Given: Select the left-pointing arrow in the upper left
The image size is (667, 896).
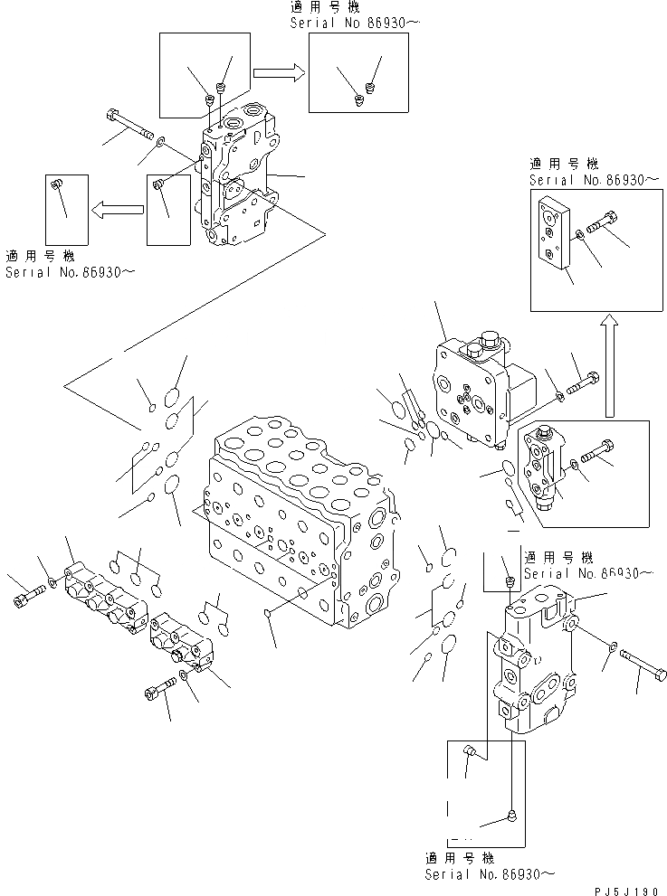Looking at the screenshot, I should (116, 211).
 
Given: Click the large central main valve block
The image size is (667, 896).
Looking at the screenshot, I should (299, 524).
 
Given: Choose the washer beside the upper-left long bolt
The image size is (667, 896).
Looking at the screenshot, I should (160, 141).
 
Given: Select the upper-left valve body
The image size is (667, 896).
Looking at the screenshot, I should (235, 181).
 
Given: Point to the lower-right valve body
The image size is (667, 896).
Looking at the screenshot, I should (534, 660).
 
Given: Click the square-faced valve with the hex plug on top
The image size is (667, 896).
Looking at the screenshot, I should (475, 389).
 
